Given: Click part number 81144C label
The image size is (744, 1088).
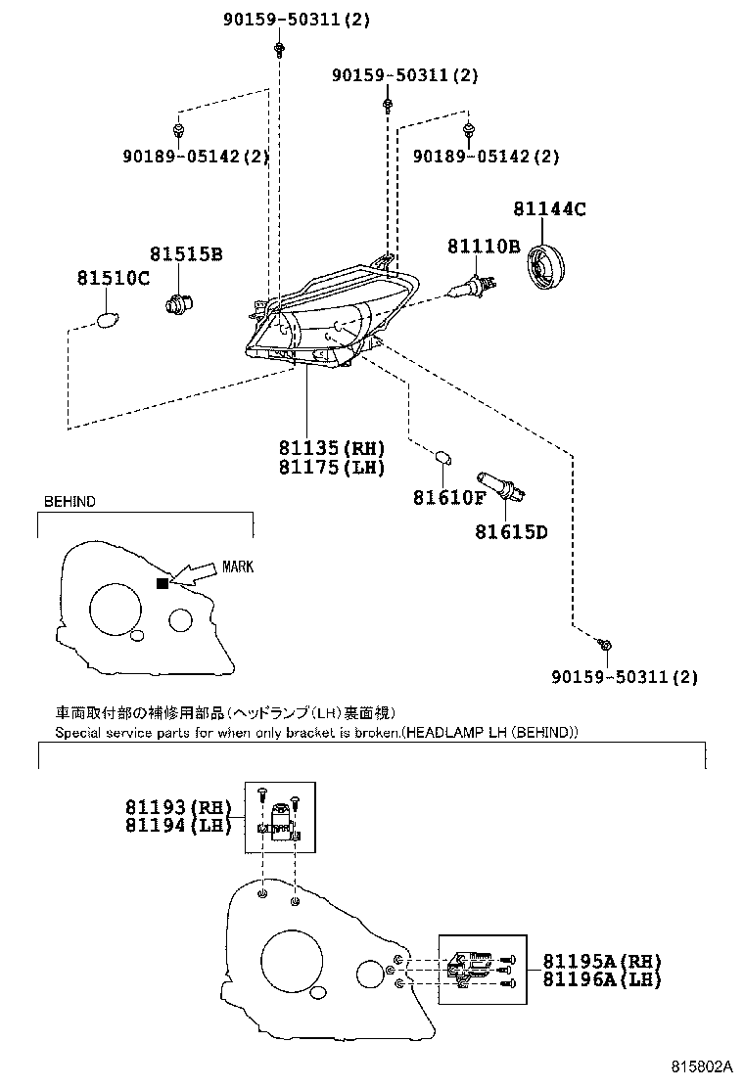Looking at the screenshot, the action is pos(549,208).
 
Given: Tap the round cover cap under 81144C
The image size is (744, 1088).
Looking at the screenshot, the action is pos(545,266).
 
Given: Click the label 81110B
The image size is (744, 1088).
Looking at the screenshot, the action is pos(483,247).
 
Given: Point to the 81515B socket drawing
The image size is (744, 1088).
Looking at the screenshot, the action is pos(179,302).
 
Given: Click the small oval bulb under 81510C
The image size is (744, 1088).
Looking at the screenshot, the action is pos(106,320).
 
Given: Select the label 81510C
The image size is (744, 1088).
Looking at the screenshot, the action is pos(114,278).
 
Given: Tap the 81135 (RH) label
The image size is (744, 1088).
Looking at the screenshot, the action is pos(332,447).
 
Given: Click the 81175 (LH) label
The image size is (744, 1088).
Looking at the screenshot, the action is pos(332,467).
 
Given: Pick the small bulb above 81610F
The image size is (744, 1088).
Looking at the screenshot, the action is pos(442,458).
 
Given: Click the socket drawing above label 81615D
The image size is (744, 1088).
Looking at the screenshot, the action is pos(500,486).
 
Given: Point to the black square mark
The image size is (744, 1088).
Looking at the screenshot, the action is pos(163,583).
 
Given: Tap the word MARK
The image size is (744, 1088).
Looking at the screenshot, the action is pos(238,567).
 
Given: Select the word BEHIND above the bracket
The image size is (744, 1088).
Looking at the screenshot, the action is pos(70,502).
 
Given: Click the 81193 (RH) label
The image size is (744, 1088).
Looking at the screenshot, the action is pos(177,807).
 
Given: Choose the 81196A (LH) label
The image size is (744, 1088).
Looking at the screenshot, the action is pos(602,979).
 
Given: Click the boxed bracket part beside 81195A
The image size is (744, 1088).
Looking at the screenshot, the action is pos(483,970).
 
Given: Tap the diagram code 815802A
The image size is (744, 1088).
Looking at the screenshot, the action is pos(702,1065).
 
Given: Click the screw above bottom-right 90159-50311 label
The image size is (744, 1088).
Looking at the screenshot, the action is pos(606,646).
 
